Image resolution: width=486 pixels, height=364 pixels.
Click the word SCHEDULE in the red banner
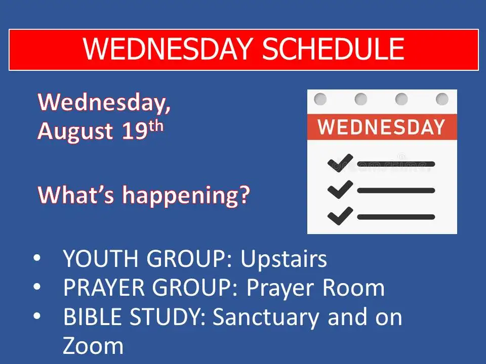pos(334,49)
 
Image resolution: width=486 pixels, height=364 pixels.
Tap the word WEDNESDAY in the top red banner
pos(168,49)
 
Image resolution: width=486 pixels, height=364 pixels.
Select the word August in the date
pos(75,131)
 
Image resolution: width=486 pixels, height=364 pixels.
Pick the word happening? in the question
pos(186,196)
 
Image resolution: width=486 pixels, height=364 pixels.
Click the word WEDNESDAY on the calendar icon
pos(382,127)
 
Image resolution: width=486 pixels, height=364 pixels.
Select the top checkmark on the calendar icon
pos(340,163)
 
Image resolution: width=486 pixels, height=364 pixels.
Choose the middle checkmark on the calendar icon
pos(340,189)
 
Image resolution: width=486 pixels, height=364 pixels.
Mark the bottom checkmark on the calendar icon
pos(340,216)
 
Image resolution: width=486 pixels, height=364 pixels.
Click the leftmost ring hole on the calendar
pos(320,99)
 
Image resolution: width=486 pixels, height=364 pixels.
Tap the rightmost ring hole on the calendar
pos(442,99)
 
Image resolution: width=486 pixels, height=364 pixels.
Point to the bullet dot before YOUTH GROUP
pos(37,258)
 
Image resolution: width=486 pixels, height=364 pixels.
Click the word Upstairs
pos(283,259)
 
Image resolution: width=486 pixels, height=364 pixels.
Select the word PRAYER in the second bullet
pos(104,288)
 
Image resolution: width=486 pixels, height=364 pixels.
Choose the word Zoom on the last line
pos(93,345)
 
